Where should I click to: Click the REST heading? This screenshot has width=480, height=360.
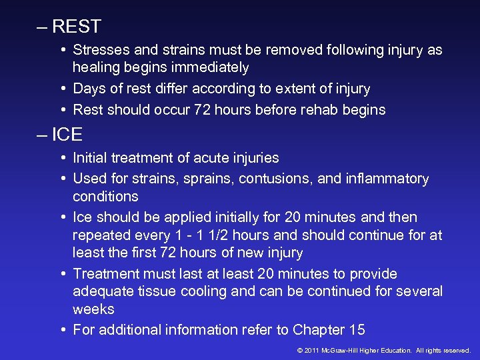pyautogui.click(x=76, y=27)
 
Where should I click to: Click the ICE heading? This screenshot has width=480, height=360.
pyautogui.click(x=67, y=135)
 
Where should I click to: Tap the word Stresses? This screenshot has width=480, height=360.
pyautogui.click(x=101, y=50)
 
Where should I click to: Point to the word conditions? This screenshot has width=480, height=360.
pyautogui.click(x=105, y=197)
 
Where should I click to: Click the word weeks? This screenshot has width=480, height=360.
pyautogui.click(x=93, y=309)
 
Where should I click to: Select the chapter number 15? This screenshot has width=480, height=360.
pyautogui.click(x=357, y=330)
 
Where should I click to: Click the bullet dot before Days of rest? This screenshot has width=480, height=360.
pyautogui.click(x=63, y=89)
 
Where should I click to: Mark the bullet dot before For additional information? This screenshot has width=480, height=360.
pyautogui.click(x=63, y=330)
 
